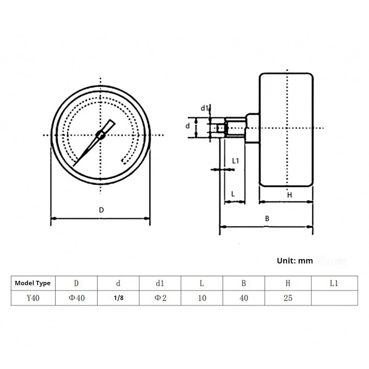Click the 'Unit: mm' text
[x=294, y=261]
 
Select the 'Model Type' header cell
[x=33, y=283]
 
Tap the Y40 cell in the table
[x=33, y=298]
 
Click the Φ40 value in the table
[x=76, y=298]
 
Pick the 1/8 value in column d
[x=118, y=298]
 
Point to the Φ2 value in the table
[x=160, y=298]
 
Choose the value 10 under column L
[x=202, y=298]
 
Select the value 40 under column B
[x=244, y=298]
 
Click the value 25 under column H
[x=288, y=298]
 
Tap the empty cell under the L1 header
[x=334, y=298]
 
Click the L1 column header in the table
[x=334, y=283]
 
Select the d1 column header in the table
[x=160, y=283]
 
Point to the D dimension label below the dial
[x=101, y=210]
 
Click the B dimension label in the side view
[x=267, y=218]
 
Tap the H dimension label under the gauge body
[x=289, y=195]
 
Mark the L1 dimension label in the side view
[x=236, y=161]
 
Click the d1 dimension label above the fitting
[x=204, y=108]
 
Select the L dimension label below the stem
[x=233, y=194]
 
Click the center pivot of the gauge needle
[x=100, y=135]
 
